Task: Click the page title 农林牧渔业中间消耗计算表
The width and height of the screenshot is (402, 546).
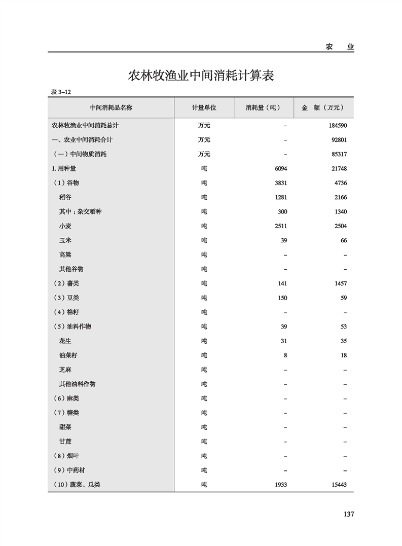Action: point(201,76)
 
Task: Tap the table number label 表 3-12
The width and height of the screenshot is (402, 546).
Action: point(61,92)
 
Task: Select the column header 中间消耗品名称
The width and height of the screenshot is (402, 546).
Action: point(111,108)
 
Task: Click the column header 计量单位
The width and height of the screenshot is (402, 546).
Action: point(204,108)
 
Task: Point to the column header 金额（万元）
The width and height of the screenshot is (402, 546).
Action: point(323,108)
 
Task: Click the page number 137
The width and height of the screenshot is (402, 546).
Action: point(348,514)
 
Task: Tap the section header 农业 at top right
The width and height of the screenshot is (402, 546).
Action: point(340,47)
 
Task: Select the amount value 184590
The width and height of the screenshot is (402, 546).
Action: point(335,125)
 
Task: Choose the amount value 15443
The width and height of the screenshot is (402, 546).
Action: point(336,485)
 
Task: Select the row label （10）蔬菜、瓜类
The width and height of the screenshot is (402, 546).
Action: point(77,485)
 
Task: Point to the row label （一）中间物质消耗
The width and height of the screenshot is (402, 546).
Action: point(80,154)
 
